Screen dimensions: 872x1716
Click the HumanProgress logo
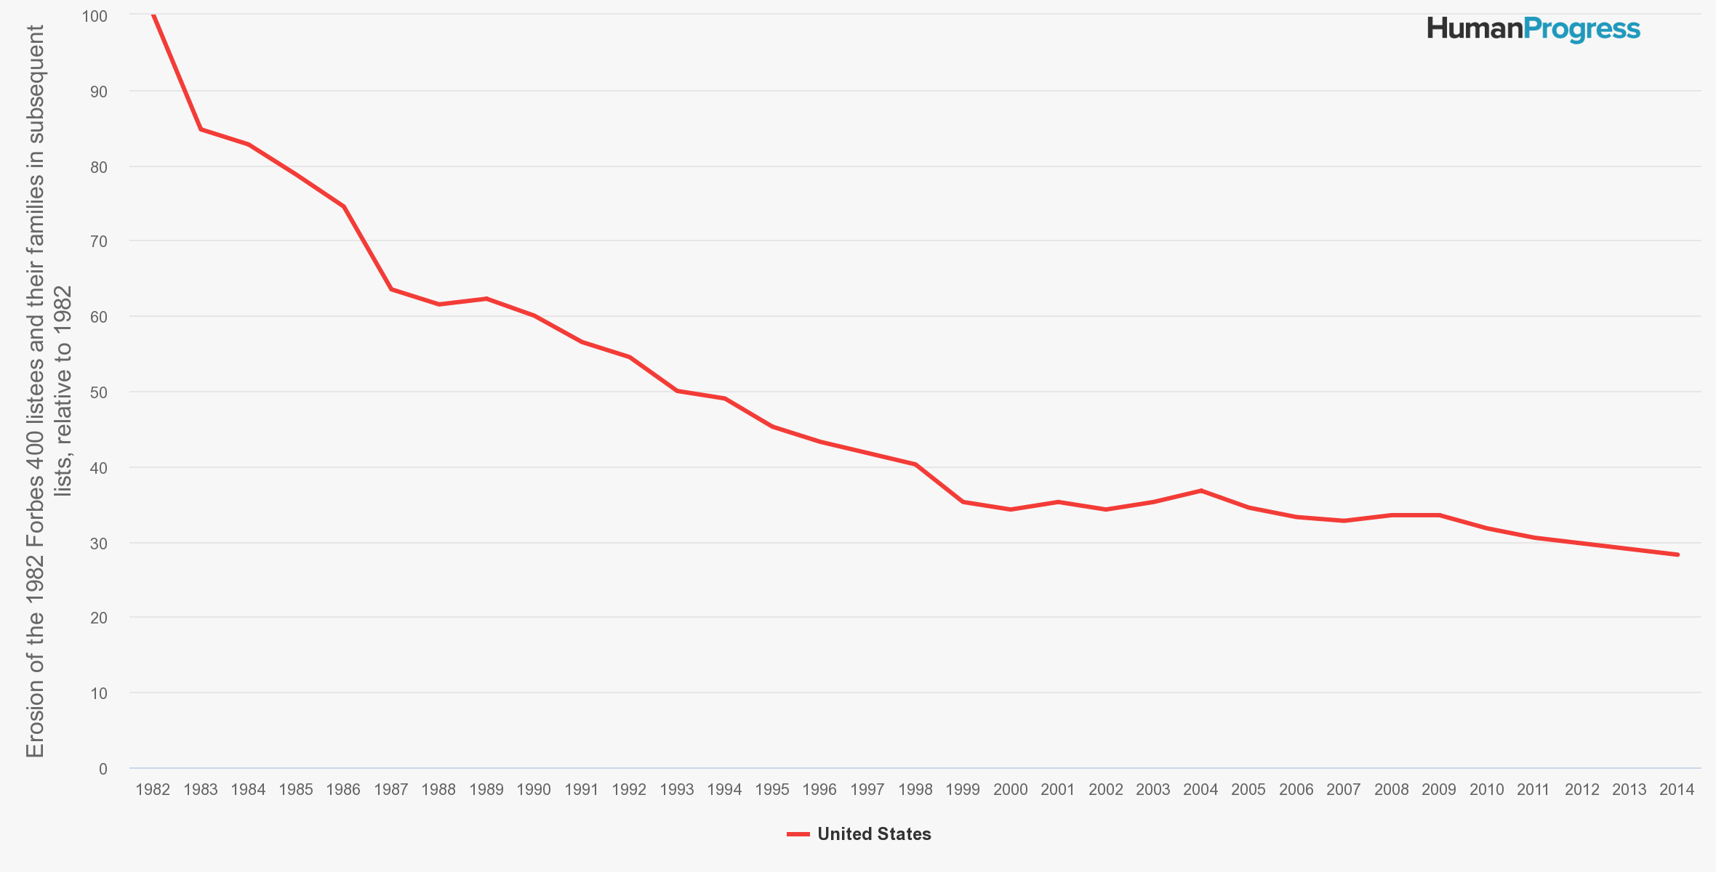(x=1533, y=29)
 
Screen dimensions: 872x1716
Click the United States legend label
(x=874, y=834)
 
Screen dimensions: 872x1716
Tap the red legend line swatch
(x=798, y=834)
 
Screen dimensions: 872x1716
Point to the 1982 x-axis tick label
(x=153, y=790)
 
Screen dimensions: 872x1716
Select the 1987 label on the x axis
(x=391, y=790)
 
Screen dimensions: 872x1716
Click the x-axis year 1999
(x=963, y=790)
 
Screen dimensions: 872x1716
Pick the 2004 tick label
(x=1200, y=790)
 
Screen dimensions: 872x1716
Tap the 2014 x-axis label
(x=1677, y=790)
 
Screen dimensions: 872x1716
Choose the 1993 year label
(x=677, y=790)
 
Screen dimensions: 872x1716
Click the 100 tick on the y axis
(x=95, y=16)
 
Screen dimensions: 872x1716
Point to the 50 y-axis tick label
(x=98, y=392)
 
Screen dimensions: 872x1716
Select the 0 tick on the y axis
(x=103, y=769)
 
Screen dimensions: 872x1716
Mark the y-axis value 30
(x=98, y=544)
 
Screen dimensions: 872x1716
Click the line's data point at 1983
(x=201, y=129)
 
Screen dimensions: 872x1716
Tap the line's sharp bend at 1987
(x=391, y=289)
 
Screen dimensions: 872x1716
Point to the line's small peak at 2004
(x=1200, y=490)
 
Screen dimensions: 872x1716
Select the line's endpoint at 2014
(x=1677, y=554)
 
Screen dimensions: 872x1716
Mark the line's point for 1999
(x=963, y=501)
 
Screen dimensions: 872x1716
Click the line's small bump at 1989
(x=486, y=299)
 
